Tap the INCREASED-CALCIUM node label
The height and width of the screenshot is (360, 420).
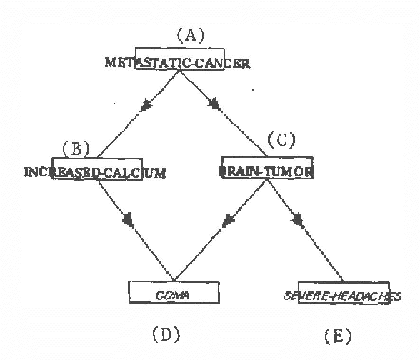95,172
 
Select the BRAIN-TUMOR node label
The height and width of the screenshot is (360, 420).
265,172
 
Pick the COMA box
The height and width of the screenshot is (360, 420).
172,293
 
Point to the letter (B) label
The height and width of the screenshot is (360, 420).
76,149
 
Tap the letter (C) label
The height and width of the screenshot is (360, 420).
280,140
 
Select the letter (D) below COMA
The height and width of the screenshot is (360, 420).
164,334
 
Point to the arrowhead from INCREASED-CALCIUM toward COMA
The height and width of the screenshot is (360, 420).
129,221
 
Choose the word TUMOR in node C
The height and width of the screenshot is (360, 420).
288,172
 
